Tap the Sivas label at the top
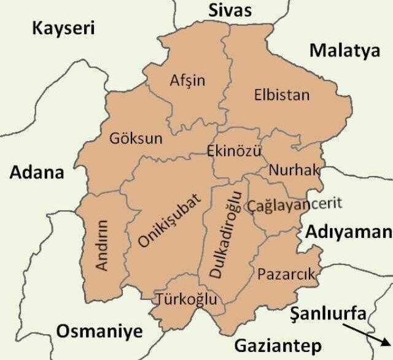pyautogui.click(x=230, y=10)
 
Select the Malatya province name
pyautogui.click(x=344, y=51)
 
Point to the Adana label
pyautogui.click(x=37, y=172)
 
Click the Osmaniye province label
pyautogui.click(x=99, y=332)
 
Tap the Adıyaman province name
pyautogui.click(x=348, y=232)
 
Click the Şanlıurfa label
pyautogui.click(x=329, y=313)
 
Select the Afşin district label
pyautogui.click(x=187, y=81)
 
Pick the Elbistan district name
pyautogui.click(x=282, y=96)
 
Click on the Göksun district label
pyautogui.click(x=136, y=139)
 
